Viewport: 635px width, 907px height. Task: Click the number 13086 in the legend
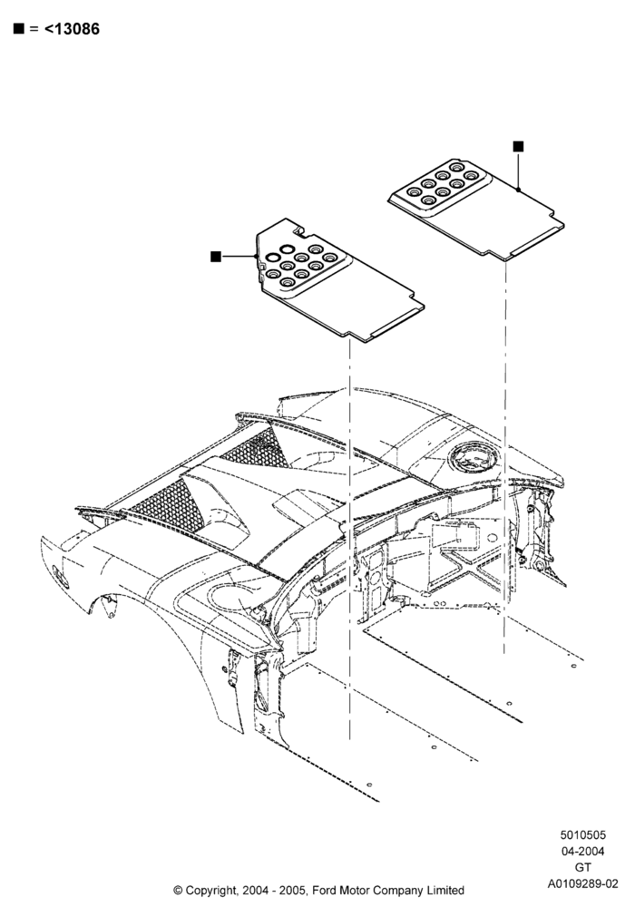(76, 29)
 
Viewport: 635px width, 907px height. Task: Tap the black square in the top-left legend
(19, 28)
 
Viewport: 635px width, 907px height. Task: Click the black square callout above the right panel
(518, 146)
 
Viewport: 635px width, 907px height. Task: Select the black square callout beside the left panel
(216, 257)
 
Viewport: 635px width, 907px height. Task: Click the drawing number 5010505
(583, 834)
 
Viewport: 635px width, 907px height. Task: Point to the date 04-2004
(583, 851)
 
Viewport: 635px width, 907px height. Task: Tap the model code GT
(583, 867)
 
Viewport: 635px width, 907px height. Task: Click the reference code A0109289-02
(583, 883)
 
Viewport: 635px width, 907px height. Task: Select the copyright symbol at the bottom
(178, 890)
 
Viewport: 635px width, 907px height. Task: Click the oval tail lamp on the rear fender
(60, 577)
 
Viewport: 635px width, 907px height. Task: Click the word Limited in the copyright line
(446, 890)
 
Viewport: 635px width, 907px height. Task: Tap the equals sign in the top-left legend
(34, 29)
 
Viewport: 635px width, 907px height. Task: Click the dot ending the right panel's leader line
(518, 190)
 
